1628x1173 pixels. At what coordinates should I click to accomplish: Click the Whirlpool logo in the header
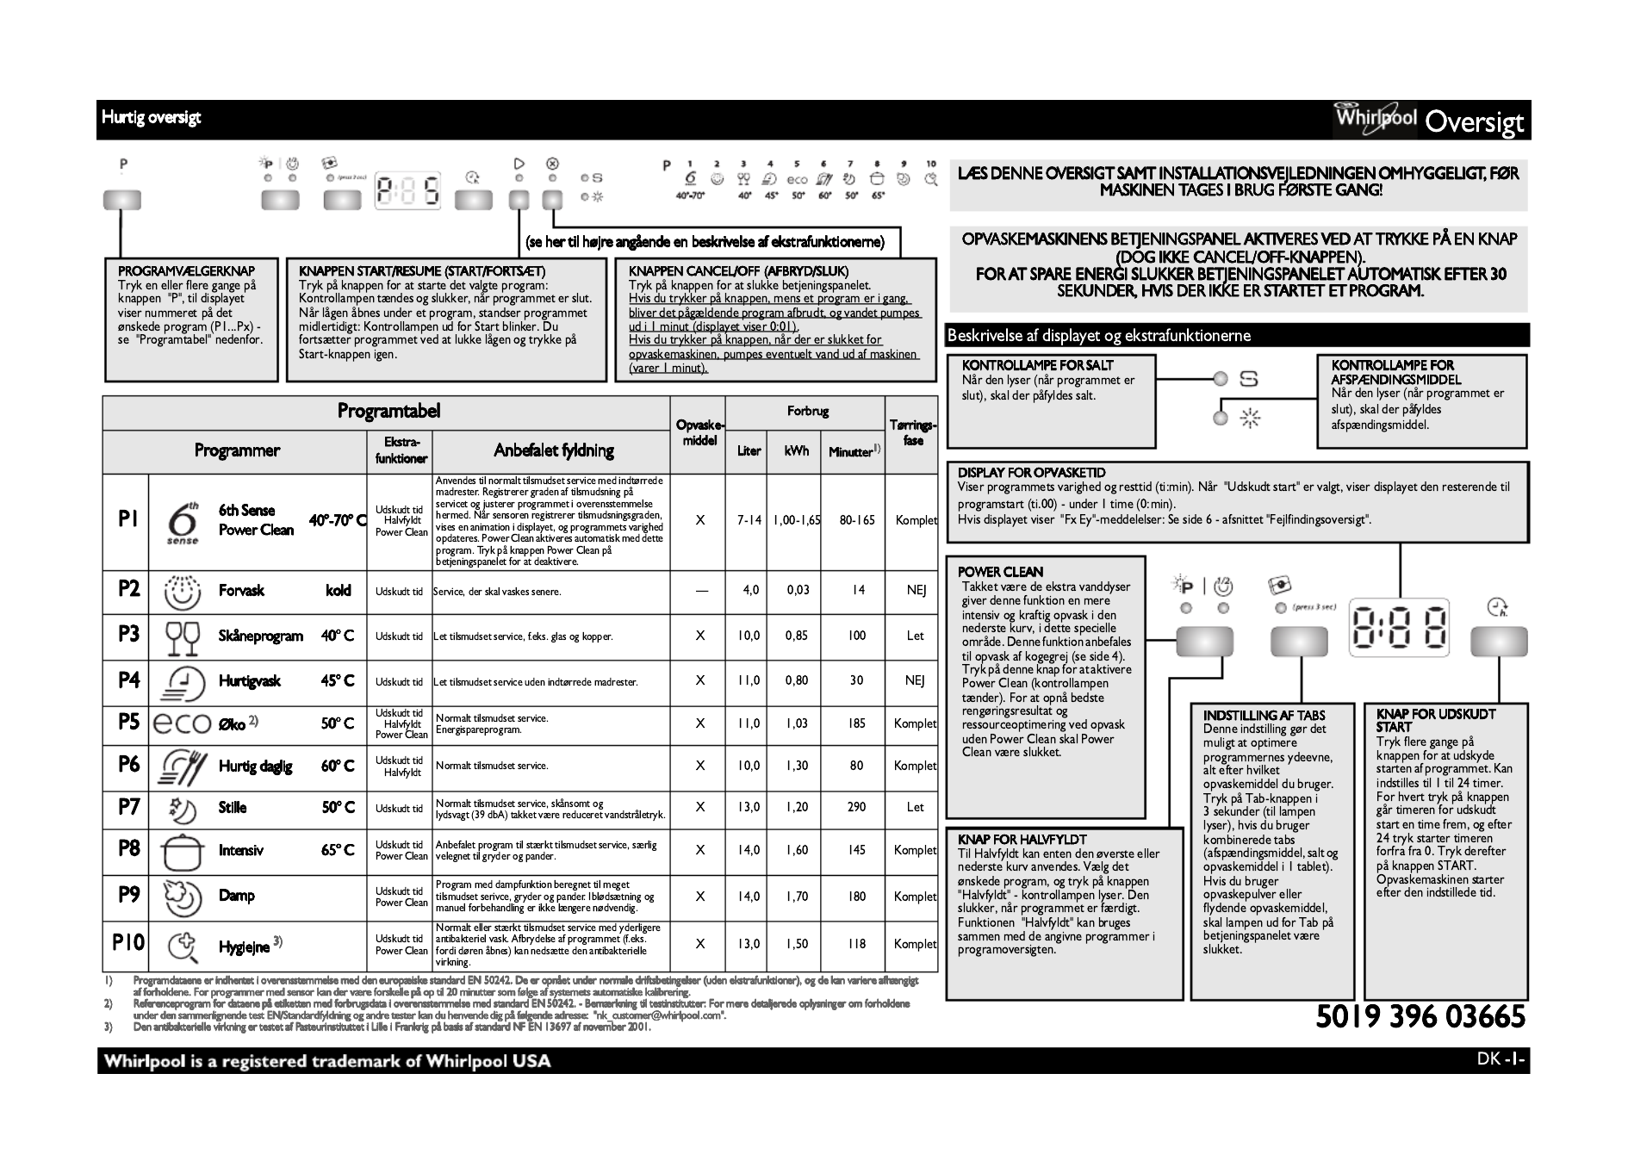click(1376, 120)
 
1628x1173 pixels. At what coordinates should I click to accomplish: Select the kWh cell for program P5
click(797, 723)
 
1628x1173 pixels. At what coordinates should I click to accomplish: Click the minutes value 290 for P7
click(856, 807)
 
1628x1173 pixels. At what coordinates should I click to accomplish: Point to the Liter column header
click(749, 451)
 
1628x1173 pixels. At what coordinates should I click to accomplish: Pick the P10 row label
click(127, 943)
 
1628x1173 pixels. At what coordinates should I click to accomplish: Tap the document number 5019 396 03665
click(1420, 1017)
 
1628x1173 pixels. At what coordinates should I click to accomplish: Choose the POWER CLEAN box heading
click(1000, 572)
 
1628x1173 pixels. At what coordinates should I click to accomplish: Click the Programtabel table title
click(388, 412)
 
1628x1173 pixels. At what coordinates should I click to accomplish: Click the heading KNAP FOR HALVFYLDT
click(1022, 839)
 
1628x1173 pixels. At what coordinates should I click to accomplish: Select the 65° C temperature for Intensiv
click(338, 850)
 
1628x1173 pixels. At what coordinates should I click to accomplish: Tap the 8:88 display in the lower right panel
click(1399, 626)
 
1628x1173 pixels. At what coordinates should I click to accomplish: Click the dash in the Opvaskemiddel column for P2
click(700, 591)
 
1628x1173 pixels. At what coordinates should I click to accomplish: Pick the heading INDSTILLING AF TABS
click(1264, 715)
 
